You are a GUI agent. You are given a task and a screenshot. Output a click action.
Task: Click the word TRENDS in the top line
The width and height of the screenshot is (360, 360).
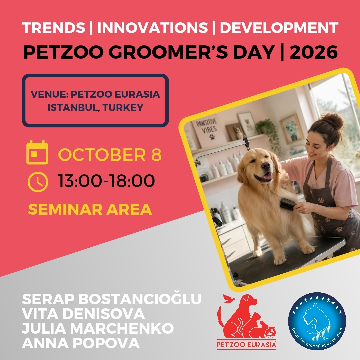point(53,28)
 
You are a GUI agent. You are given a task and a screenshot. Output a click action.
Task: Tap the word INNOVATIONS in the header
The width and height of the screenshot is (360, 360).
point(152,28)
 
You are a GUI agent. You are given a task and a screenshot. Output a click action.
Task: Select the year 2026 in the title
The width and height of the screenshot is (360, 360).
point(314,52)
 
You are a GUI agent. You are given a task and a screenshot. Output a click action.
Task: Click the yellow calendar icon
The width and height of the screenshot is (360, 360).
point(37,152)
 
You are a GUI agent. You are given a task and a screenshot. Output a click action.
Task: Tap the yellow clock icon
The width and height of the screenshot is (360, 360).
point(38,182)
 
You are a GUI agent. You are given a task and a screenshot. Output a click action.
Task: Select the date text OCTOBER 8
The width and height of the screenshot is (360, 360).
point(110,155)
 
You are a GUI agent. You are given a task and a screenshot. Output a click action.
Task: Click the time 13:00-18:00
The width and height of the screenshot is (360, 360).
point(106,181)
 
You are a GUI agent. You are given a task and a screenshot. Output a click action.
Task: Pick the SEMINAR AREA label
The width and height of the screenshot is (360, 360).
point(90,209)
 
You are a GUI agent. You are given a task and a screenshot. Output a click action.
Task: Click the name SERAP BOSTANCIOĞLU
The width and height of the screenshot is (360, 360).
point(112,299)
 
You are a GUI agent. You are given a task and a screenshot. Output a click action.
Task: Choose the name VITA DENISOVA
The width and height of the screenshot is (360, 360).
point(83,314)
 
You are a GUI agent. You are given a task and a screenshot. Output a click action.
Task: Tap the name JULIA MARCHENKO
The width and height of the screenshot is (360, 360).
point(98,328)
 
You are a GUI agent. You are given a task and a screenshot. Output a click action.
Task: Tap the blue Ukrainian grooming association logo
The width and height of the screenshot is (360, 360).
point(317,321)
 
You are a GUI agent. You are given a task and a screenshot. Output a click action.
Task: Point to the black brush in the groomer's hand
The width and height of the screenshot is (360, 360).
point(287,204)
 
